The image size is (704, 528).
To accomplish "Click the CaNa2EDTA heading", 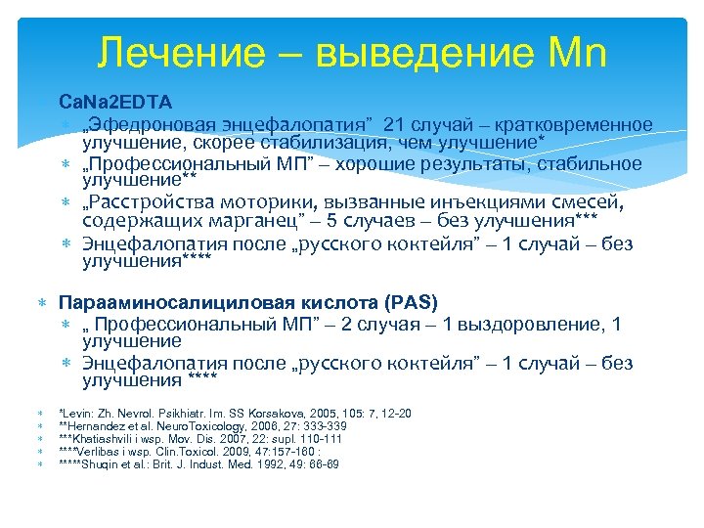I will coord(114,102).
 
